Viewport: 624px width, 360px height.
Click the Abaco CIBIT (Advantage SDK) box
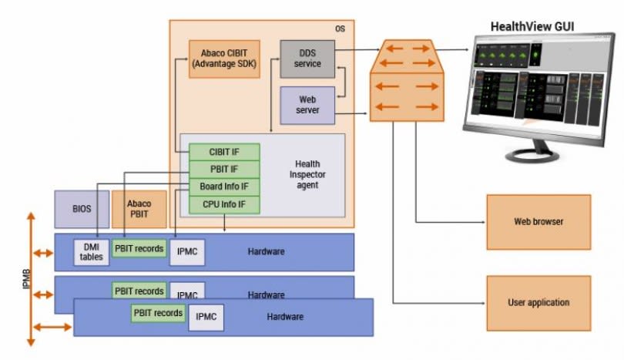[x=224, y=59]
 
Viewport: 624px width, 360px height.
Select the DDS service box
[x=307, y=59]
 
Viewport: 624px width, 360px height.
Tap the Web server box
[x=307, y=105]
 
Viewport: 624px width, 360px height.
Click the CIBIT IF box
[x=224, y=152]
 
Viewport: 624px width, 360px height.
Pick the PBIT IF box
[x=224, y=169]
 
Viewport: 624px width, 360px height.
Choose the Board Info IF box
[x=224, y=187]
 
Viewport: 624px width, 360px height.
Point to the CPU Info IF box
[x=224, y=204]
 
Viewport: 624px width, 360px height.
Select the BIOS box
[x=82, y=209]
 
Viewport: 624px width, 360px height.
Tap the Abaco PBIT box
[x=139, y=209]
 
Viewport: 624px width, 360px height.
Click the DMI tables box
[x=92, y=252]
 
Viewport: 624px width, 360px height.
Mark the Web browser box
[x=538, y=222]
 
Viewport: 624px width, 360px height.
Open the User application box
[x=538, y=303]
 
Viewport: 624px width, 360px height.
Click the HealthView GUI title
[x=532, y=28]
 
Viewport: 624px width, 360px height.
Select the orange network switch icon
[x=408, y=81]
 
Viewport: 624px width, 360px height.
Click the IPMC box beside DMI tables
[x=187, y=252]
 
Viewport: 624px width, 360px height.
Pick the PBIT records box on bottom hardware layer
[x=158, y=314]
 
